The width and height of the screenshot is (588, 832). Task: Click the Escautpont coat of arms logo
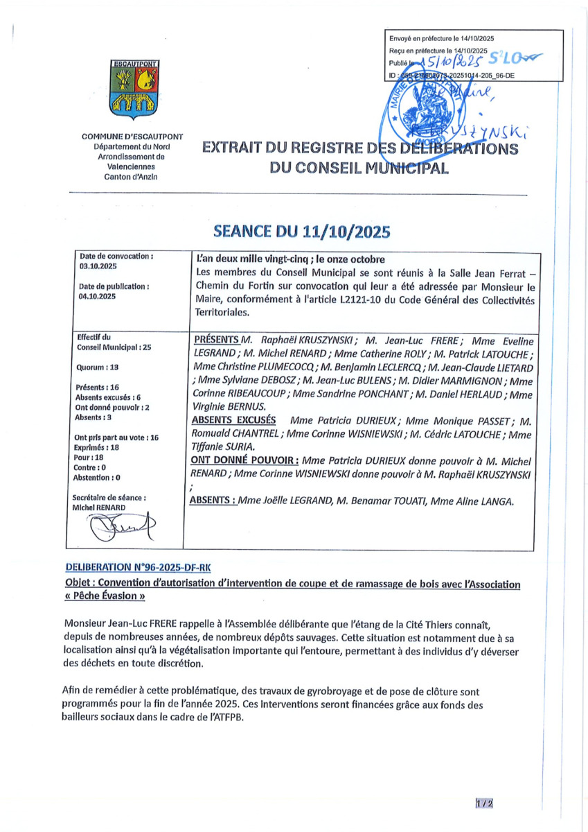134,88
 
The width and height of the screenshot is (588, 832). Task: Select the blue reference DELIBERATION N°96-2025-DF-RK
137,567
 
